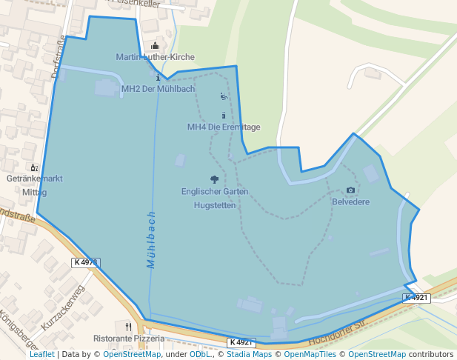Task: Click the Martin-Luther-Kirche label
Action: [x=155, y=57]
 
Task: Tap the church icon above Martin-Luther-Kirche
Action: [x=155, y=46]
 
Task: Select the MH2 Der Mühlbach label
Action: [x=158, y=89]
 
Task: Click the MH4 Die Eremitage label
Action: [x=224, y=127]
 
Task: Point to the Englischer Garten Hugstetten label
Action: [x=215, y=198]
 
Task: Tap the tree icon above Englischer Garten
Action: [x=215, y=179]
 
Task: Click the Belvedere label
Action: [x=350, y=201]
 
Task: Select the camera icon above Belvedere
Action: [x=350, y=190]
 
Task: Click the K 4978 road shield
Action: [x=86, y=262]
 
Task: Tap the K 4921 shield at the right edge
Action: [x=416, y=298]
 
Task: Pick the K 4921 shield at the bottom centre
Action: [x=242, y=342]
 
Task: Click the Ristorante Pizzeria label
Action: [x=129, y=338]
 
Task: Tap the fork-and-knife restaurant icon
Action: [x=129, y=326]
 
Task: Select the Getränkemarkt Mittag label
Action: [x=34, y=185]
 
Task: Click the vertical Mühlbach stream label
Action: [x=151, y=239]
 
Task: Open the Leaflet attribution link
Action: [x=41, y=354]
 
